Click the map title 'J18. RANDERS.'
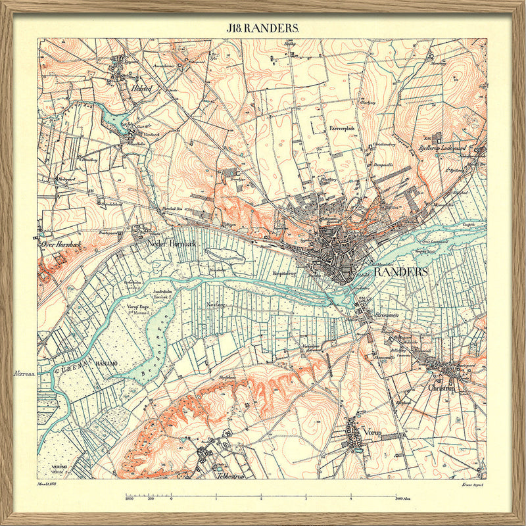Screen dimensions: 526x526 coord(263,28)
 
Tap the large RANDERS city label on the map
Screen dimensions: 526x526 coord(400,272)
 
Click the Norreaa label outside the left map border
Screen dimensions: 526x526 coord(23,373)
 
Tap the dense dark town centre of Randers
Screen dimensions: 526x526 coord(335,253)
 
